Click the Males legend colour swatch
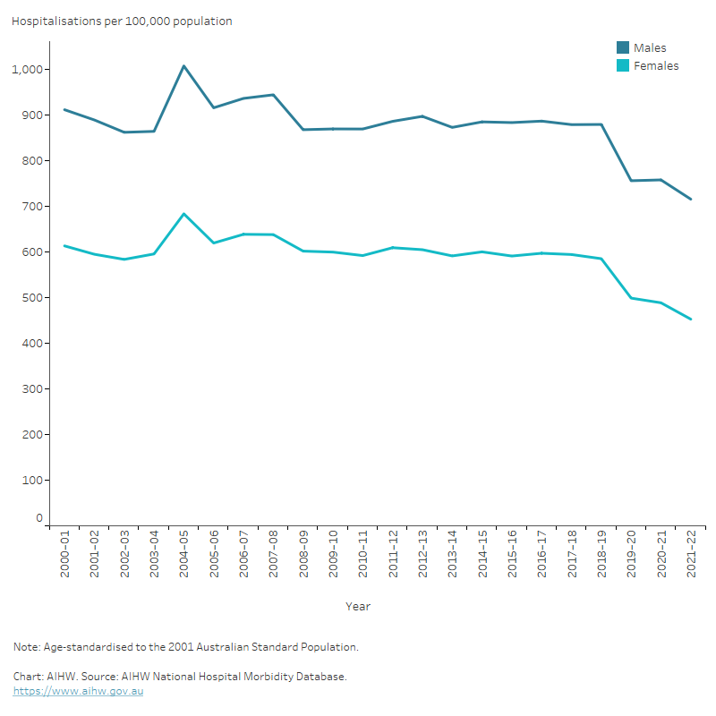(x=623, y=48)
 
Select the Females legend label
(x=656, y=66)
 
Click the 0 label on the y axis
(x=39, y=518)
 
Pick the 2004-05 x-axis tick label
(x=184, y=556)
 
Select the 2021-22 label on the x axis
(x=691, y=556)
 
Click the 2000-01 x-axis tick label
(x=65, y=556)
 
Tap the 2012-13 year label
(x=422, y=556)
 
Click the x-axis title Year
(x=358, y=607)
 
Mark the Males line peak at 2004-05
(x=183, y=66)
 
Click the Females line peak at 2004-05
(x=183, y=214)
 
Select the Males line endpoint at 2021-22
(x=691, y=199)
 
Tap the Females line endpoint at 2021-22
(x=691, y=319)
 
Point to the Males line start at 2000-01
(x=64, y=110)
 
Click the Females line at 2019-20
(x=631, y=298)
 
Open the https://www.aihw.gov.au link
(x=78, y=692)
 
